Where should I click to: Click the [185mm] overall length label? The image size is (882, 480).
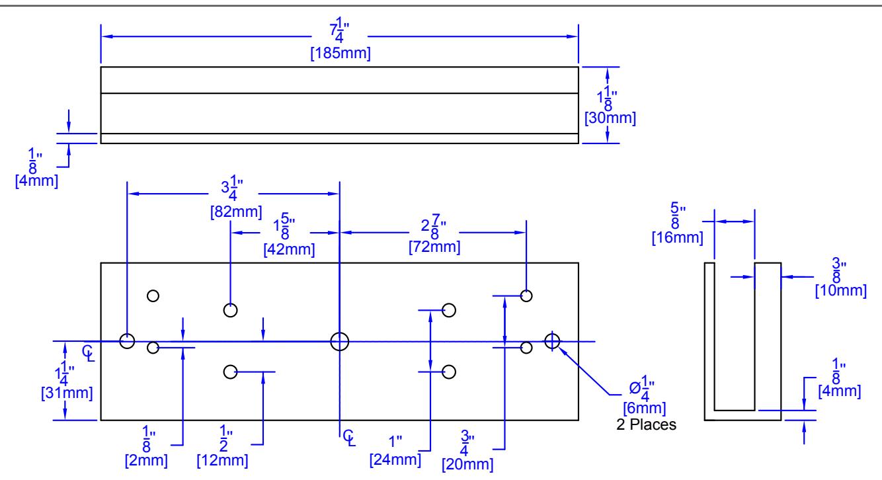[341, 53]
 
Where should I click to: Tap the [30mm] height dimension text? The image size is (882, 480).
[610, 118]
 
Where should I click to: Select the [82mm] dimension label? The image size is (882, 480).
[236, 212]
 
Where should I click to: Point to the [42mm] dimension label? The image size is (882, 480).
[289, 250]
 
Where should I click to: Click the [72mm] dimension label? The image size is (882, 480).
[434, 247]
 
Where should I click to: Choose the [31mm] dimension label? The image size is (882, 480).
[67, 393]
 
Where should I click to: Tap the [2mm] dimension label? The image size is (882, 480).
[146, 460]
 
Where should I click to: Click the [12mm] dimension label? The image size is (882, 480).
[222, 460]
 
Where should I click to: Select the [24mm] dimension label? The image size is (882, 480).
[395, 460]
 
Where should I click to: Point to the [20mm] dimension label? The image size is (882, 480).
[467, 464]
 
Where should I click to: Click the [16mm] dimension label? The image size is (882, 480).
[677, 238]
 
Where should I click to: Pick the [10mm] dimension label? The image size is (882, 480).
[840, 291]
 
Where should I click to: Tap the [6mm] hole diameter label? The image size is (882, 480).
[644, 408]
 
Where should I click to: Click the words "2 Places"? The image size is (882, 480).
[646, 424]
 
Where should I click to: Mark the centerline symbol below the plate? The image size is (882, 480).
[349, 438]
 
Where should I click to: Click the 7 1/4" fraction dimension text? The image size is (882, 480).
[339, 30]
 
